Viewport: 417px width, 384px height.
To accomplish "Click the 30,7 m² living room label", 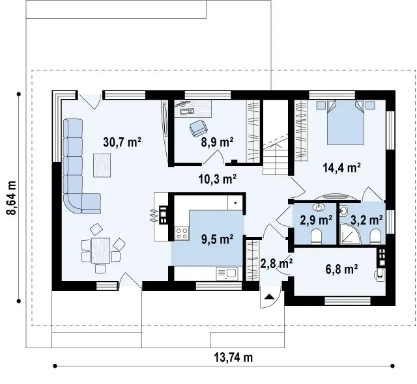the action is click(122, 143).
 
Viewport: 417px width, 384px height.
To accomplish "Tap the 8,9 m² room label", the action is click(217, 142).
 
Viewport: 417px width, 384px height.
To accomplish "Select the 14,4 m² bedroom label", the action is click(342, 167).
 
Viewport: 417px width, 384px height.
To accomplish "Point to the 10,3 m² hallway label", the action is click(218, 179).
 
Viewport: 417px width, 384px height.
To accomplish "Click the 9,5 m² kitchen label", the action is click(217, 240).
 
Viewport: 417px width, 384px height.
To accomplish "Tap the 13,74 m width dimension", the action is click(233, 357).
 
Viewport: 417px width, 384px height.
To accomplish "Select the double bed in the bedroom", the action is click(345, 122).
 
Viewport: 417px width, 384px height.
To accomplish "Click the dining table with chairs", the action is click(101, 251).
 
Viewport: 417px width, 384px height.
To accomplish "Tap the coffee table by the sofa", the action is click(102, 165).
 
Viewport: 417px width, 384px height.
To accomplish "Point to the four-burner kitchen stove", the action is click(182, 233).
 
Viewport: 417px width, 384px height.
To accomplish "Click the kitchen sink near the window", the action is click(227, 273).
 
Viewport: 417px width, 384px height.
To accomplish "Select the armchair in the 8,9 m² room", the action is click(198, 128).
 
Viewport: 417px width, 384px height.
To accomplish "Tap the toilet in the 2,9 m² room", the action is click(316, 236).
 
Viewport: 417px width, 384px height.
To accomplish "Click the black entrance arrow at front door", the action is click(270, 297).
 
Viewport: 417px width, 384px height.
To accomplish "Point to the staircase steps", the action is click(276, 161).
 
